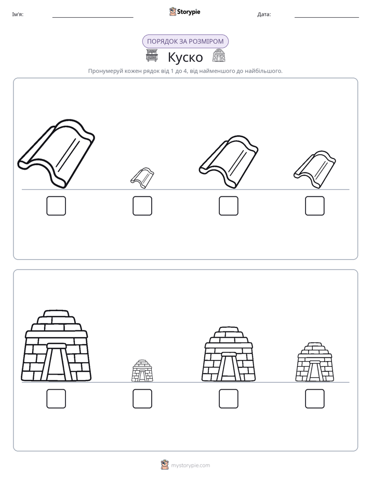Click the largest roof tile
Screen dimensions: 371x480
[x=57, y=153]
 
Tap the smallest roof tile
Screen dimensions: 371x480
[x=142, y=178]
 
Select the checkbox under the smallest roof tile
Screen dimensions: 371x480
[x=142, y=206]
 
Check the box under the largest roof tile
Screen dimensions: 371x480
[x=56, y=206]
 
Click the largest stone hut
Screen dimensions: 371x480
[x=56, y=346]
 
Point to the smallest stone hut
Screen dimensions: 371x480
[x=142, y=371]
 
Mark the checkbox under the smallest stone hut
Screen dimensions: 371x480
[x=142, y=398]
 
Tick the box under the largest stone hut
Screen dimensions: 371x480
[x=56, y=398]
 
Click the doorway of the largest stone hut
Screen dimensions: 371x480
[x=56, y=362]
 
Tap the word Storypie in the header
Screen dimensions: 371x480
[x=189, y=11]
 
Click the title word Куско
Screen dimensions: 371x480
[x=185, y=57]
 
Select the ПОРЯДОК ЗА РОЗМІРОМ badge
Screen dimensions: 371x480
[x=185, y=42]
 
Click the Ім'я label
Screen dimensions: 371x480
[x=18, y=14]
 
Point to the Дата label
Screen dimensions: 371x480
[x=264, y=14]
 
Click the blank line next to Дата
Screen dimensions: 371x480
[x=327, y=18]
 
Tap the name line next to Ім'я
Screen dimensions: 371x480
[x=92, y=18]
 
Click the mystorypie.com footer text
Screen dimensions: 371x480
[x=190, y=465]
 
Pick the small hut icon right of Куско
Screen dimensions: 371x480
[x=219, y=56]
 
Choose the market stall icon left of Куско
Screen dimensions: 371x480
[x=152, y=56]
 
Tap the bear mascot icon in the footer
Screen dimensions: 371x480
[x=165, y=465]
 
